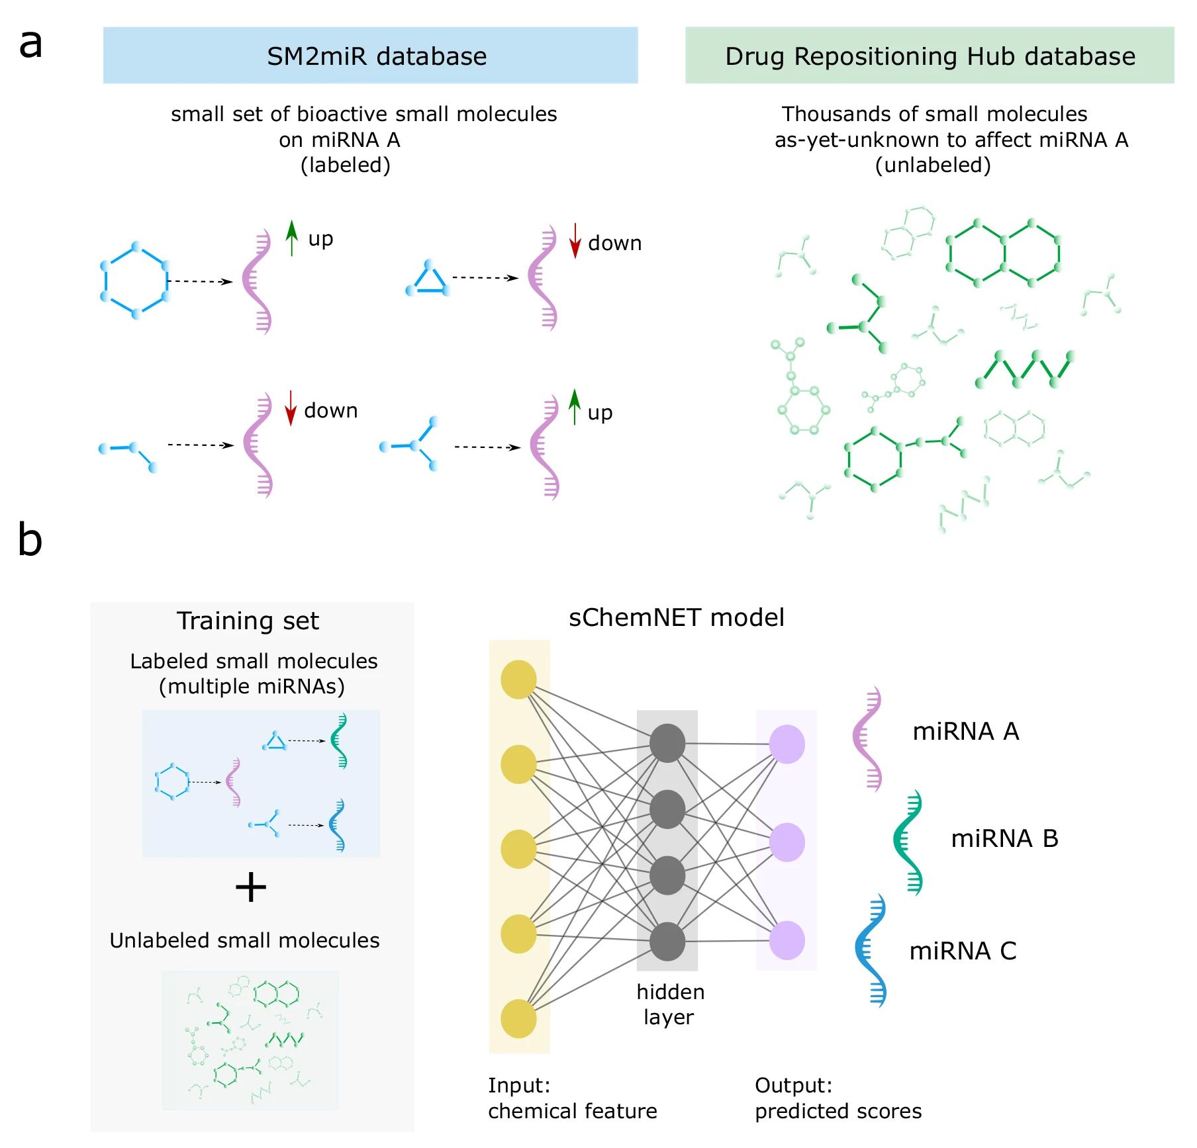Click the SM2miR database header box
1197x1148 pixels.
[x=370, y=56]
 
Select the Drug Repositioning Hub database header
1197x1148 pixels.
[x=929, y=56]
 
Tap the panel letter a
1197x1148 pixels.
[x=30, y=44]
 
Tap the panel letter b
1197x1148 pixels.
[x=30, y=539]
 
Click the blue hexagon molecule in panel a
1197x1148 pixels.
[x=135, y=281]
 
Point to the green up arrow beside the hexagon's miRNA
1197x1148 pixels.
[x=291, y=238]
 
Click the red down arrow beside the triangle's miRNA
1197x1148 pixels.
[x=575, y=241]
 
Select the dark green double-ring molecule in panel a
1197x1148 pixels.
[x=1003, y=253]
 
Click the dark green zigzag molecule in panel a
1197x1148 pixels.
[x=1024, y=369]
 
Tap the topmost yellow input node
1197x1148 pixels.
[x=518, y=679]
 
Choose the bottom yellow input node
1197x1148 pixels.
[x=518, y=1018]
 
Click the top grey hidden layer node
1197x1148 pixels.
[x=667, y=742]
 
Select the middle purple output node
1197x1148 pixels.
[x=787, y=842]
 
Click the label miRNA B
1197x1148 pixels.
[x=1004, y=838]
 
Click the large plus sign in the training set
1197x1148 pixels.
[x=251, y=887]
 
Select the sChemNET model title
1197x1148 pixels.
[x=676, y=617]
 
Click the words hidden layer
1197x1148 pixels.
[x=669, y=1004]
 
